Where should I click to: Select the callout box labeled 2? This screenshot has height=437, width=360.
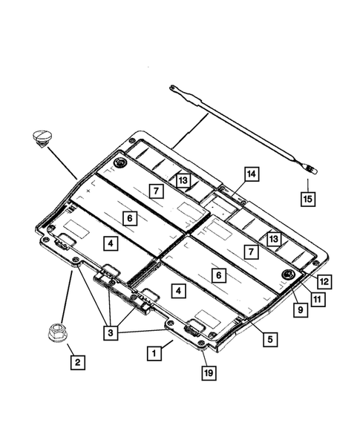tap(78, 364)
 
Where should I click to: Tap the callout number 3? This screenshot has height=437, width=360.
tap(112, 334)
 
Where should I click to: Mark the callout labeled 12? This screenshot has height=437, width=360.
tap(324, 282)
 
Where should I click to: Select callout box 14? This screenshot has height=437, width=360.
tap(252, 174)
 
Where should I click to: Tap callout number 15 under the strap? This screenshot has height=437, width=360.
tap(308, 198)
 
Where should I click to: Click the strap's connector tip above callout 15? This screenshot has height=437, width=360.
tap(312, 170)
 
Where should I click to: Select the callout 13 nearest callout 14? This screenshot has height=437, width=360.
tap(182, 180)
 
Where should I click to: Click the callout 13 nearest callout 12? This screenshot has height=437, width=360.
tap(274, 239)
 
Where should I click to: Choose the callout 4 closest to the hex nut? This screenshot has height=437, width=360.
tap(110, 243)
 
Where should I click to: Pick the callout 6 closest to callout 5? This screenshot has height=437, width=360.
tap(218, 275)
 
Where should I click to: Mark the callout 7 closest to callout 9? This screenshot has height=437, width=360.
tap(254, 253)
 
